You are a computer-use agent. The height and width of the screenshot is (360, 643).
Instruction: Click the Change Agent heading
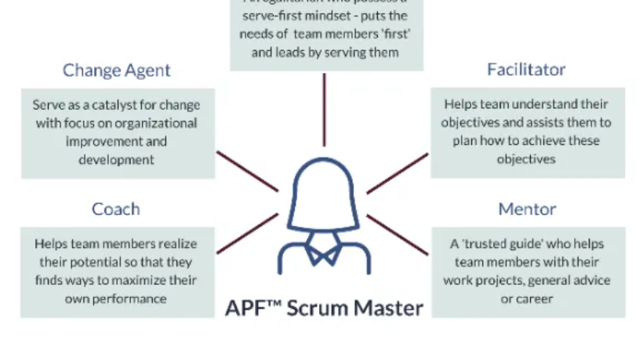[117, 71]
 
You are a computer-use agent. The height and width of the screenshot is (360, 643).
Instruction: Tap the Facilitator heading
[526, 70]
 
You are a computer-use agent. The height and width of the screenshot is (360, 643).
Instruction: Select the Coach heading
[116, 209]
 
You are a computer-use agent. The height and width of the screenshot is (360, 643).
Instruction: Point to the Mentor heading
[527, 209]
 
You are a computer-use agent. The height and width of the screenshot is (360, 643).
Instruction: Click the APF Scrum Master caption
[324, 307]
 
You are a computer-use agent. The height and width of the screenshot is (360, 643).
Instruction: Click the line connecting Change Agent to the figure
[246, 171]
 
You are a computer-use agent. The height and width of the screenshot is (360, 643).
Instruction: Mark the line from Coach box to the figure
[246, 235]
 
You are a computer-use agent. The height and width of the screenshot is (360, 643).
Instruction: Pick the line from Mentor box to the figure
[397, 235]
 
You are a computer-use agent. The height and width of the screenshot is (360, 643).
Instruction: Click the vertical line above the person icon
[323, 110]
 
